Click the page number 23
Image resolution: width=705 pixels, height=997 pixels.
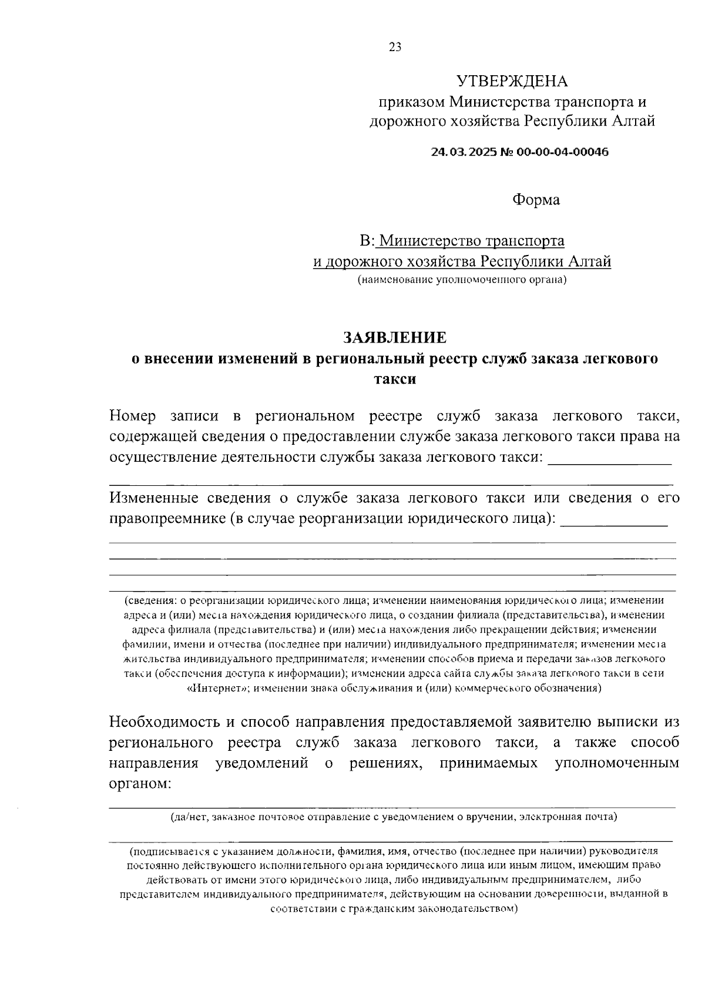click(x=395, y=48)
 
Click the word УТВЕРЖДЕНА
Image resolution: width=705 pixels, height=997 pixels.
click(x=512, y=81)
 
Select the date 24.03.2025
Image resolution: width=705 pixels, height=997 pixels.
click(x=464, y=152)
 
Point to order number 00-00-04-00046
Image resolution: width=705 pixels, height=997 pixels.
click(x=562, y=152)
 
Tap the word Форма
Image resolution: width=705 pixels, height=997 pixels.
click(x=536, y=200)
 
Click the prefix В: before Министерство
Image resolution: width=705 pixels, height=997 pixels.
click(x=367, y=241)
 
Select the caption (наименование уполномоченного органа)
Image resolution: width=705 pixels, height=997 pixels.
click(x=462, y=280)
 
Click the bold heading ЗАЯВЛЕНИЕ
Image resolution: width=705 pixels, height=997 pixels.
click(x=395, y=337)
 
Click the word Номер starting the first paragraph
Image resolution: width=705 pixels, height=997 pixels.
click(x=133, y=416)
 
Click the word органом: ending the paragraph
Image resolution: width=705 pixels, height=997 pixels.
click(x=140, y=784)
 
